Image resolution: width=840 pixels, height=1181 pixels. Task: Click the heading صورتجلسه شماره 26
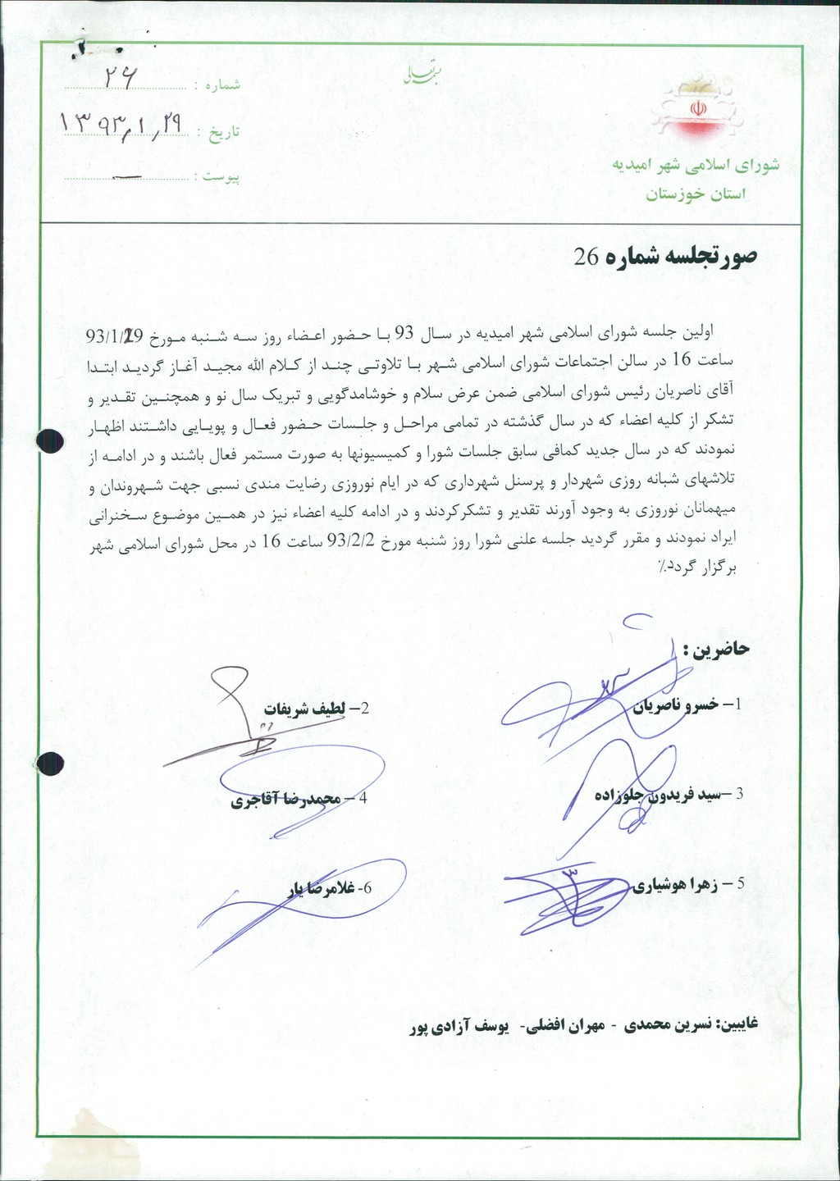pos(665,257)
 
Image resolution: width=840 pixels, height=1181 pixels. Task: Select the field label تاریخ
pos(223,133)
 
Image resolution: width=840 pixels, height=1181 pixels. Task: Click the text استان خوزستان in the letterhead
pos(696,194)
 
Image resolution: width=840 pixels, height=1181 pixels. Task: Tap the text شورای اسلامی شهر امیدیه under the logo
pos(695,166)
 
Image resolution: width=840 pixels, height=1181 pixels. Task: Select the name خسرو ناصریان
pos(678,704)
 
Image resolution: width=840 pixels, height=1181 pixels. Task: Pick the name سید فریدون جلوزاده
pos(660,794)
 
